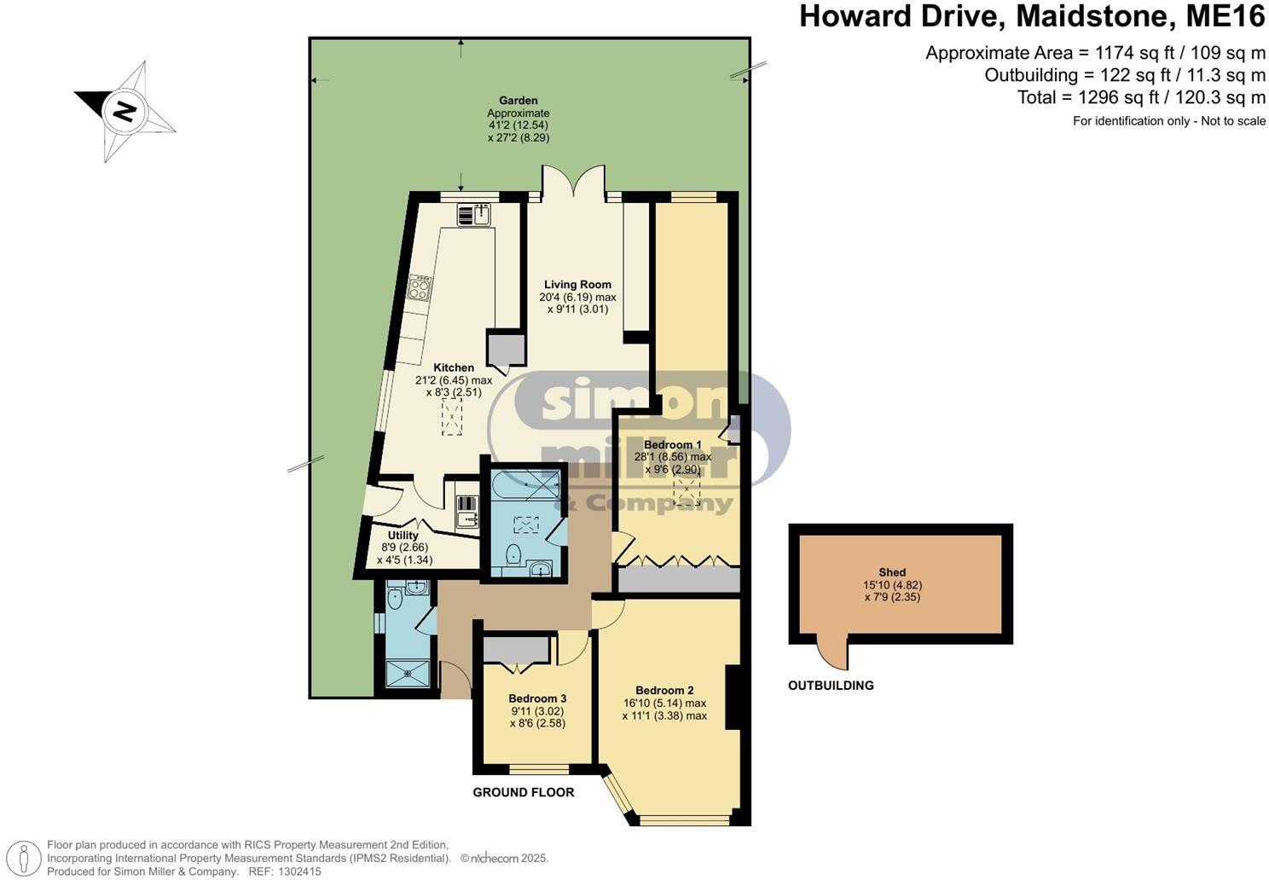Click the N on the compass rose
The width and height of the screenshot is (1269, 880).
point(125,111)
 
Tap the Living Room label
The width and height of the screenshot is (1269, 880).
point(577,285)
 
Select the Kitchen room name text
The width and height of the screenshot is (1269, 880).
point(454,368)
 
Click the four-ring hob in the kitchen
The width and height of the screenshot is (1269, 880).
point(420,287)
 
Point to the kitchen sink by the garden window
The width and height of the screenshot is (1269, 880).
point(475,214)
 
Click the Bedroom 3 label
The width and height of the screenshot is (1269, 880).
point(537,698)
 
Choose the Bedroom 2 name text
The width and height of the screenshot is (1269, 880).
point(664,691)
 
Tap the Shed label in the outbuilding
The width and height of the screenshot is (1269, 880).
point(892,572)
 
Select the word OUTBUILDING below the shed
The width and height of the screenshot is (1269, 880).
point(831,686)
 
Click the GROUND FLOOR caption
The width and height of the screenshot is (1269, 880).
point(524,792)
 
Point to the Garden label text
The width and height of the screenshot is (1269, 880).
point(518,101)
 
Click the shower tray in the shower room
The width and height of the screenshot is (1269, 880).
point(408,673)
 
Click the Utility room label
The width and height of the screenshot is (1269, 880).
point(403,536)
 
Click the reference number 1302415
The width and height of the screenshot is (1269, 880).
point(296,871)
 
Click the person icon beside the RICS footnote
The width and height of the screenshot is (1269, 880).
point(27,857)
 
